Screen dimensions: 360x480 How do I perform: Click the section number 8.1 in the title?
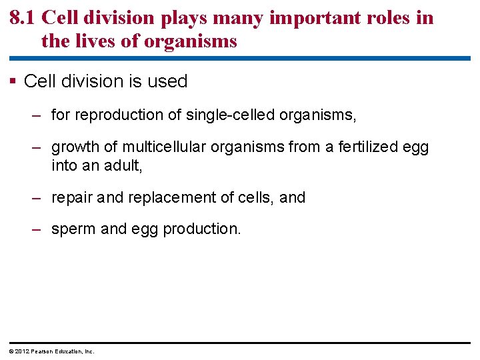(x=23, y=18)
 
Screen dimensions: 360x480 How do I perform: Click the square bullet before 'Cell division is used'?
(x=13, y=82)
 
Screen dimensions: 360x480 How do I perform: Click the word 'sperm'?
(x=73, y=229)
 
